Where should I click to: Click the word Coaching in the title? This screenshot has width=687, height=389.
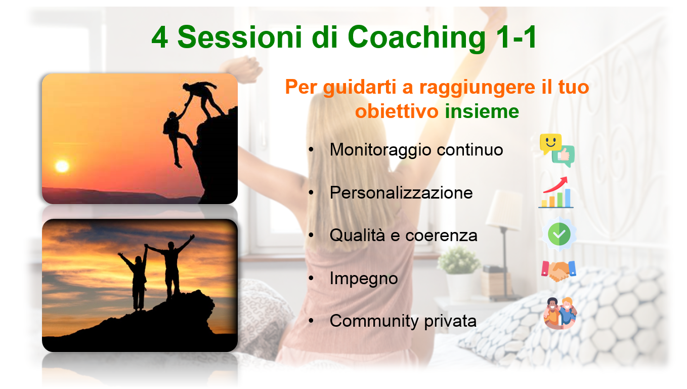(416, 37)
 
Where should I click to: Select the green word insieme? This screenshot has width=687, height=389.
(482, 111)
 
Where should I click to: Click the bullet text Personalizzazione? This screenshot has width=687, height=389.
(401, 193)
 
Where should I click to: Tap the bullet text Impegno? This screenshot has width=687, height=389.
(364, 279)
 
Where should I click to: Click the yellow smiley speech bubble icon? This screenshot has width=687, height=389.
(550, 143)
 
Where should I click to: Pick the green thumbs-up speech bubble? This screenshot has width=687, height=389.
(564, 156)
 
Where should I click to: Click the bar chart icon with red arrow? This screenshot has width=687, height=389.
(556, 192)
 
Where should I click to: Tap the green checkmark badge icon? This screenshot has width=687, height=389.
(559, 234)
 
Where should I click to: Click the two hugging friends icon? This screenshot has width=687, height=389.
(560, 313)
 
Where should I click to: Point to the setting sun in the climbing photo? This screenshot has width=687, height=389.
(62, 166)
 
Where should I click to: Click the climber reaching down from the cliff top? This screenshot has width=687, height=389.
(203, 99)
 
